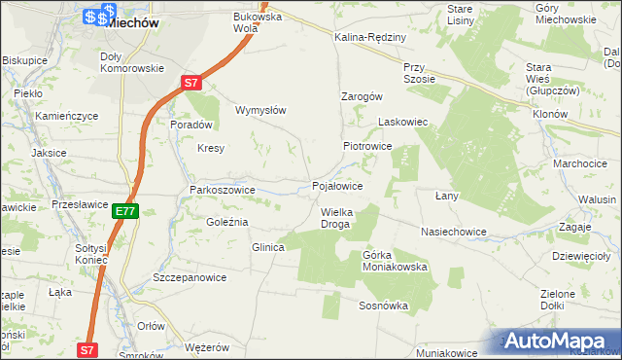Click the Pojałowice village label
337,186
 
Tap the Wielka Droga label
336,218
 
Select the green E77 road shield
125,210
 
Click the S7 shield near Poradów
191,85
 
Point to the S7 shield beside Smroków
87,348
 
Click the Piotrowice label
366,146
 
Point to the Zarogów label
363,97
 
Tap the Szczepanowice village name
190,277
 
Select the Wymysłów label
260,110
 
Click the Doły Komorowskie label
132,62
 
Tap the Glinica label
268,248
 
